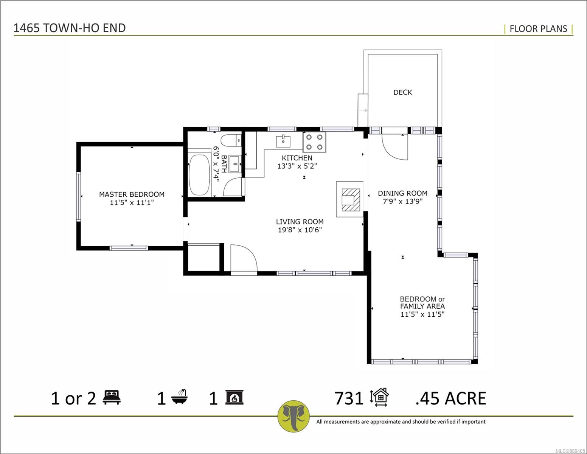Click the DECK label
tap(402, 92)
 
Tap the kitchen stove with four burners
tap(314, 142)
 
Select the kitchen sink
tap(283, 141)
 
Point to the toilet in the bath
tap(231, 140)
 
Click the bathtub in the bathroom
tap(199, 175)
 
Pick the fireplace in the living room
tap(350, 199)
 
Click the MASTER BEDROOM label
tap(132, 194)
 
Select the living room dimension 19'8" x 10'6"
tap(300, 230)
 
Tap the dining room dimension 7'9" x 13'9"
tap(402, 201)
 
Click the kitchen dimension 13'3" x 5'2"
tap(297, 166)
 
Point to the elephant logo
tap(293, 416)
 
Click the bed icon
tap(112, 397)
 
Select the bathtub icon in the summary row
tap(180, 396)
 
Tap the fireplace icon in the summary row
tap(234, 397)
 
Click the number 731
tap(349, 398)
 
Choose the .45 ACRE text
tap(450, 398)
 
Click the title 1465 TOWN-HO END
tap(70, 28)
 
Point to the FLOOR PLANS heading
tap(538, 29)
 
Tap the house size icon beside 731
tap(379, 397)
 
